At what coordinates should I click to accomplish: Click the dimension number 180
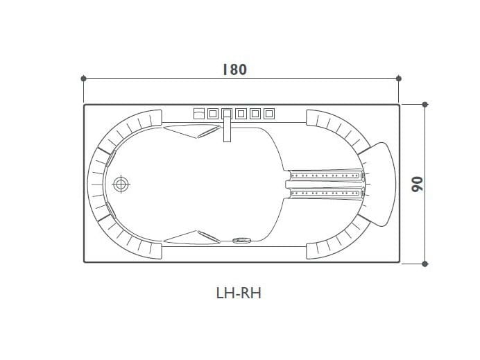click(x=234, y=69)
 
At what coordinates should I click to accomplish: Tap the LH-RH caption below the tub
click(x=239, y=293)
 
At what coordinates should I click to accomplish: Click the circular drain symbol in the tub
click(x=122, y=185)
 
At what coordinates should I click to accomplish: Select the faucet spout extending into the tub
click(x=226, y=130)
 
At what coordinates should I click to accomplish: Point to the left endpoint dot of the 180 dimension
click(x=83, y=78)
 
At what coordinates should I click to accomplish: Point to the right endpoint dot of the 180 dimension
click(x=398, y=78)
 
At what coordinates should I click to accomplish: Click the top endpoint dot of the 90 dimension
click(x=425, y=104)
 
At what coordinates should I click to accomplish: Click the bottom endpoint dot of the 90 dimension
click(x=425, y=263)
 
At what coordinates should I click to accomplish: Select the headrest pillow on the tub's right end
click(x=379, y=184)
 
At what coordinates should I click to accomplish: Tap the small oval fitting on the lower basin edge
click(x=242, y=241)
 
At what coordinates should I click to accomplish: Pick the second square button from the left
click(x=213, y=113)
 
